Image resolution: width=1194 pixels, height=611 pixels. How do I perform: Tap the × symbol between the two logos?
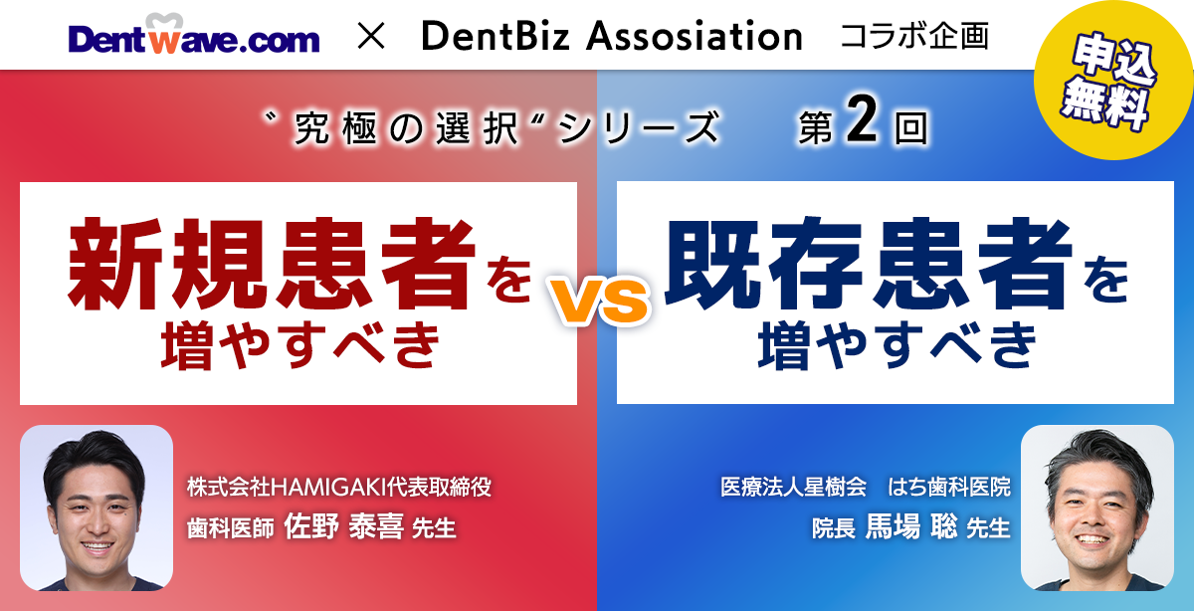[x=371, y=36]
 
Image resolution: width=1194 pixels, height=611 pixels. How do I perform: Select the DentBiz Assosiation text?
[x=612, y=36]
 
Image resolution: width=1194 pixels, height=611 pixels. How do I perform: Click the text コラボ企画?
[x=914, y=36]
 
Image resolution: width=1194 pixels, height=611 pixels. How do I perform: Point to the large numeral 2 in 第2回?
[x=862, y=120]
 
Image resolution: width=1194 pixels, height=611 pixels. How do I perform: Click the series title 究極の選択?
[x=406, y=128]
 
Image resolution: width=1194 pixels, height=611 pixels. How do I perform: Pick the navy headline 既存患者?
[x=869, y=264]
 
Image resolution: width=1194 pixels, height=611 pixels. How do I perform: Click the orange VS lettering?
[x=601, y=302]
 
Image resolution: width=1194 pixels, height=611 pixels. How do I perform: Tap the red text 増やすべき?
[x=300, y=345]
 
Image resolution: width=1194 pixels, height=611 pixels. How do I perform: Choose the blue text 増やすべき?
[x=897, y=345]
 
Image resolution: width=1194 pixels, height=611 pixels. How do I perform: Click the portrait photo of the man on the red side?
[x=97, y=508]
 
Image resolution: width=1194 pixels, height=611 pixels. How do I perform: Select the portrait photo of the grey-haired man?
[x=1096, y=508]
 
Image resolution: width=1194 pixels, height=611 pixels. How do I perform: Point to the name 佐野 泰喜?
[x=343, y=526]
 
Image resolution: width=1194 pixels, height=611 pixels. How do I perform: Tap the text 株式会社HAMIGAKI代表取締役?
[x=339, y=487]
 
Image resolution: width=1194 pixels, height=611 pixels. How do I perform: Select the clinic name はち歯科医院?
[x=949, y=487]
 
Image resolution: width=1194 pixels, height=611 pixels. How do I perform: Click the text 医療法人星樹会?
[x=794, y=487]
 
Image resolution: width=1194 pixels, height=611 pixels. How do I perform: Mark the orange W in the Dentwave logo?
[x=164, y=40]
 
